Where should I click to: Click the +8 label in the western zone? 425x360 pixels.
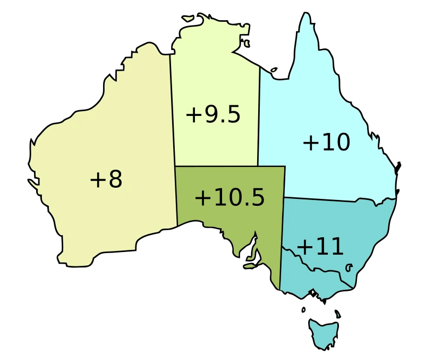(106, 180)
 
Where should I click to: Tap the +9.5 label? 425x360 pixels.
(213, 115)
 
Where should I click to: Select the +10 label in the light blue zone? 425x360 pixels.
(326, 143)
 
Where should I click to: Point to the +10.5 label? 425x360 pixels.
(229, 198)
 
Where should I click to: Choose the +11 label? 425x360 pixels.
(320, 247)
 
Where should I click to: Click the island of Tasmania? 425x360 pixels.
(324, 333)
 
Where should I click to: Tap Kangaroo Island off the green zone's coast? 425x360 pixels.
(250, 266)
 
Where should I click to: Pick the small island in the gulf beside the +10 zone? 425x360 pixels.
(274, 69)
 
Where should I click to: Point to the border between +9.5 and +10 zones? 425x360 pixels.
(259, 117)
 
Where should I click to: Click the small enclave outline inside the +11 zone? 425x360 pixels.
(350, 267)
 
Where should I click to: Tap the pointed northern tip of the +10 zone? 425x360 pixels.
(306, 13)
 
